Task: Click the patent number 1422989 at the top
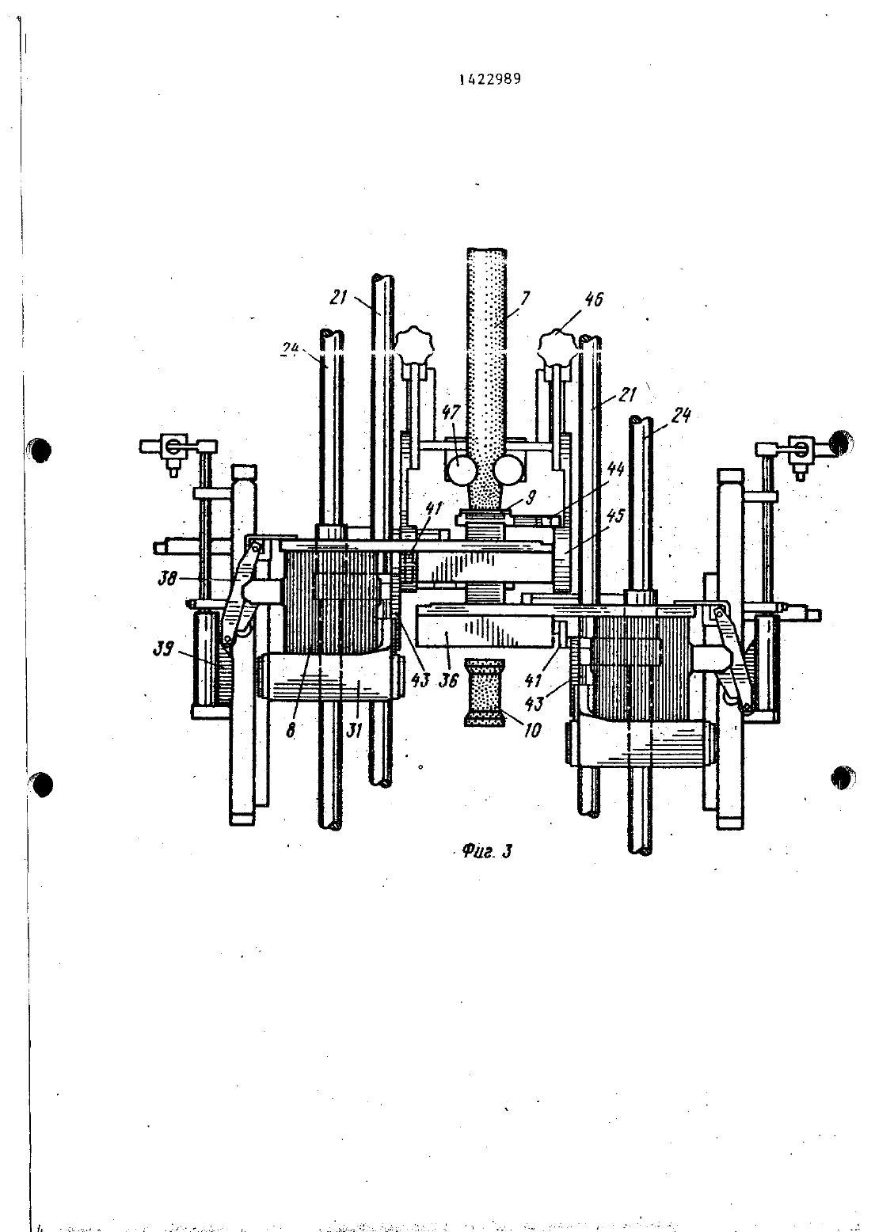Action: tap(490, 79)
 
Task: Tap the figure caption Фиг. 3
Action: tap(487, 852)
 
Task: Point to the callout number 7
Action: tap(525, 298)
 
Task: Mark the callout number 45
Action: tap(616, 516)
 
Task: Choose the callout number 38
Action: tap(166, 578)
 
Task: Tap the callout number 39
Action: tap(163, 649)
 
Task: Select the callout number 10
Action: tap(532, 730)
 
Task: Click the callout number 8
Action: tap(291, 730)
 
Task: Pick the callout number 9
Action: tap(531, 500)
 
